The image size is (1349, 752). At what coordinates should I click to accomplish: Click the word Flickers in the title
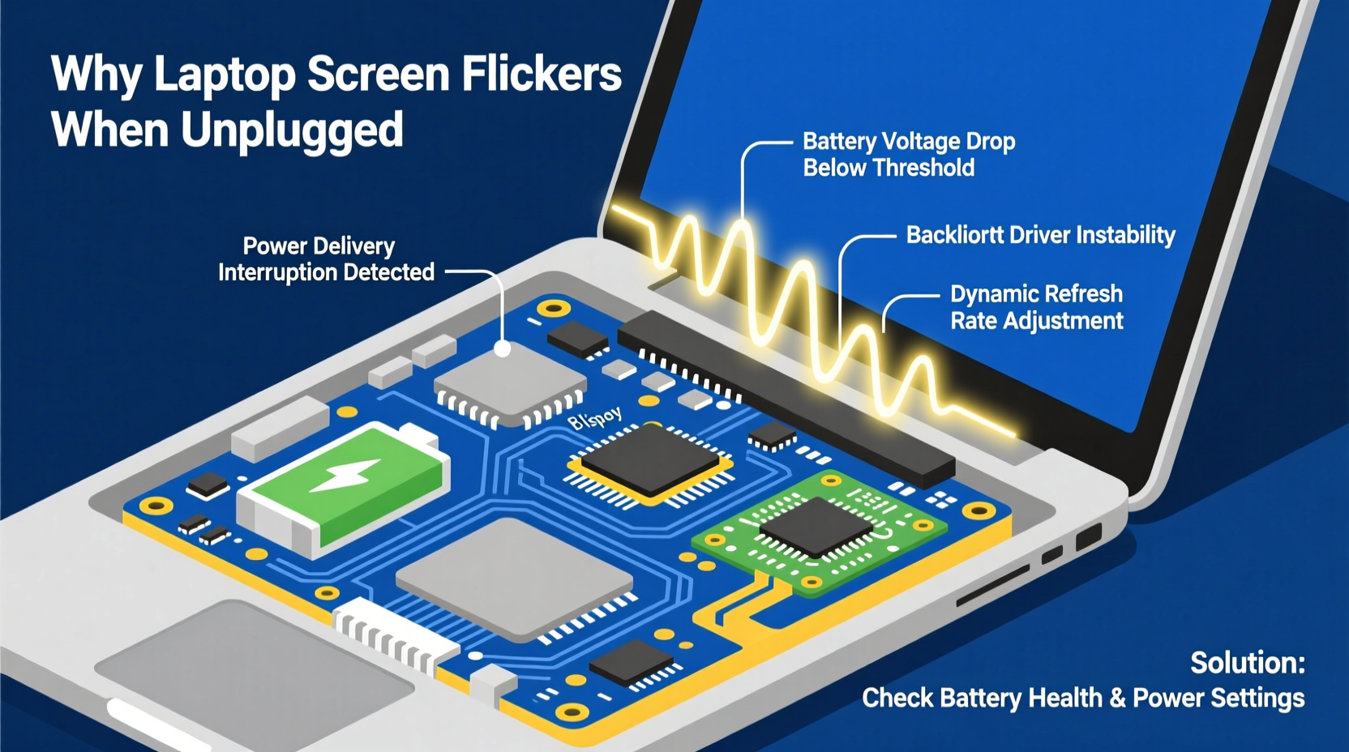[x=541, y=75]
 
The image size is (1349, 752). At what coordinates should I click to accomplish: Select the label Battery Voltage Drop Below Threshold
[x=908, y=155]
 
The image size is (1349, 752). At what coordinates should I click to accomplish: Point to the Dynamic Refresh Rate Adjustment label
[x=1036, y=307]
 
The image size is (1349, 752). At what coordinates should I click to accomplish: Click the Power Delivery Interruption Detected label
[x=325, y=259]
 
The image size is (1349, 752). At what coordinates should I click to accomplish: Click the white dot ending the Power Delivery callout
[x=503, y=349]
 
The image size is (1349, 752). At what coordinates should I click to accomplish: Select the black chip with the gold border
[x=649, y=462]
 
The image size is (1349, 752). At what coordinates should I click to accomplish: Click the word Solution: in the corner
[x=1247, y=663]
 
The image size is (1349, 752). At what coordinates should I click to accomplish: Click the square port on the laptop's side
[x=1088, y=537]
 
